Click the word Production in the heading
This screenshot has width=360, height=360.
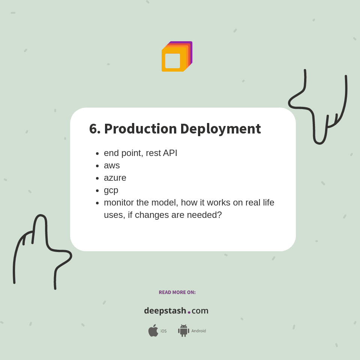[x=140, y=129]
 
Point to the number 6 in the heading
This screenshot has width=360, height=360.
[x=93, y=129]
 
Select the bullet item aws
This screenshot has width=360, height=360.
[x=112, y=165]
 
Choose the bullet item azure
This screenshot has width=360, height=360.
[x=115, y=178]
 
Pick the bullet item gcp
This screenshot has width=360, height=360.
[x=111, y=190]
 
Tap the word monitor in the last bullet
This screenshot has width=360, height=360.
[x=118, y=202]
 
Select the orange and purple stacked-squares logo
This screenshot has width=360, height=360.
[x=177, y=57]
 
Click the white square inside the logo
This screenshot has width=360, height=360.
[x=172, y=61]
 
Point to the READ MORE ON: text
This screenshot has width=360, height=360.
[x=177, y=292]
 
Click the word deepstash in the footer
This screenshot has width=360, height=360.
[x=165, y=311]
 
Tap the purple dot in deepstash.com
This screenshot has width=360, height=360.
[x=189, y=312]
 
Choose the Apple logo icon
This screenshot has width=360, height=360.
[x=153, y=331]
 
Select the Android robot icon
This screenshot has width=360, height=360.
[x=183, y=331]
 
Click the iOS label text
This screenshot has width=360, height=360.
[x=163, y=331]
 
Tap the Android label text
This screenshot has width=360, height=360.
[x=199, y=331]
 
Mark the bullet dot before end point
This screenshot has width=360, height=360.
[x=97, y=153]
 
